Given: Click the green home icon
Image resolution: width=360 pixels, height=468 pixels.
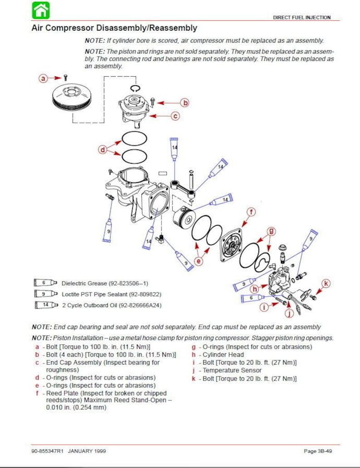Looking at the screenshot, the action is point(41,10).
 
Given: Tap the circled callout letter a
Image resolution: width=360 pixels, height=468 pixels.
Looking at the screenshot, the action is point(43,78).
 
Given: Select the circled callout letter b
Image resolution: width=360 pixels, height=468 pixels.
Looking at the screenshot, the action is point(185,103).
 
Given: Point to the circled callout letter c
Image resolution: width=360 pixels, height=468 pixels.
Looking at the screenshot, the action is point(175,116).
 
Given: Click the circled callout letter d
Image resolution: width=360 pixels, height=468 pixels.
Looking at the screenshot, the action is point(102,150).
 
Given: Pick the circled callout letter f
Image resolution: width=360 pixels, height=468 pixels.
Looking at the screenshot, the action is point(251,212).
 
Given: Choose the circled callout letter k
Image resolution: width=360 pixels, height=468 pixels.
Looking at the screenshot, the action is point(326,283).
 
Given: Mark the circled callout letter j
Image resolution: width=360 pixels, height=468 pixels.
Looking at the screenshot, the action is point(289,313).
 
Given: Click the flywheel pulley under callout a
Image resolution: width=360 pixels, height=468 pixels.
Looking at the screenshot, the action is point(72,97).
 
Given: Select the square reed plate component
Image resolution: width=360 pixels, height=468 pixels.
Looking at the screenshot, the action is point(231,245).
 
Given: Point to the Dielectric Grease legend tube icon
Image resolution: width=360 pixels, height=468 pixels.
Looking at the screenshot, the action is point(45,283).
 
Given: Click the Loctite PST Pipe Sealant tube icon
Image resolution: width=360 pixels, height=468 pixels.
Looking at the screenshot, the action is point(46,294).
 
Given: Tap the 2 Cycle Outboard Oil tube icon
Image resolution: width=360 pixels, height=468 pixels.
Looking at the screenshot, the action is point(46,305).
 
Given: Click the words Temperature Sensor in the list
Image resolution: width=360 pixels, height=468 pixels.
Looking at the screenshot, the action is point(232,370).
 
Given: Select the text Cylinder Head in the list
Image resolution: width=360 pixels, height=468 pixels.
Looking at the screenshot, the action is point(223,355).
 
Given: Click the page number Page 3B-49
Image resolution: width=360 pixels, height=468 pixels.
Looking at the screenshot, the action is point(318,451).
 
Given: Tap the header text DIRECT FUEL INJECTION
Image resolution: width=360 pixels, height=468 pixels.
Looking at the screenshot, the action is point(302,18).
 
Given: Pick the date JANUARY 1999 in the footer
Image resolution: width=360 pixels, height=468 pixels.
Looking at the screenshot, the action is point(87,451).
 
